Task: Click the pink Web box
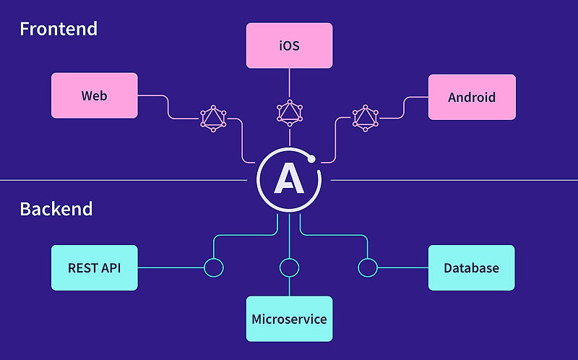point(95,95)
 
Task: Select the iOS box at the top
point(289,46)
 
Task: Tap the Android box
point(472,97)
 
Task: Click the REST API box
point(95,267)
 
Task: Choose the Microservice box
point(289,319)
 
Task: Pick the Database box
point(471,267)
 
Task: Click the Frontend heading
point(59,30)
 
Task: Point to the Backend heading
point(56,210)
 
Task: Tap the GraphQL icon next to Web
point(212,118)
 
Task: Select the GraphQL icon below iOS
point(289,112)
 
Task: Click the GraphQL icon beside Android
point(366,117)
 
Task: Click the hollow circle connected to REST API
point(214,267)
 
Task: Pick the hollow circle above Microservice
point(289,267)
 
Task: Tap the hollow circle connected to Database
point(367,267)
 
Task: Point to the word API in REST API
point(111,267)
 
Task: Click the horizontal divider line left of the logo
point(123,180)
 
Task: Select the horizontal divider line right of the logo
point(455,180)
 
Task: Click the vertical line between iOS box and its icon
point(289,83)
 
